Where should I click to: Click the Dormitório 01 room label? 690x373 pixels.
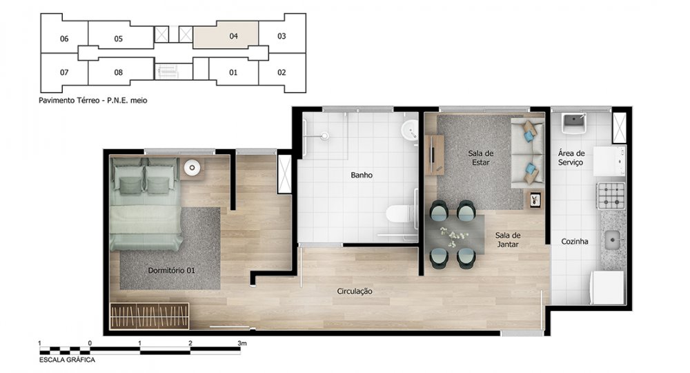pyautogui.click(x=171, y=270)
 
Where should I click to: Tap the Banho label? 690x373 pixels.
pyautogui.click(x=362, y=175)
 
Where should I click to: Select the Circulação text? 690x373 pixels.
pyautogui.click(x=355, y=291)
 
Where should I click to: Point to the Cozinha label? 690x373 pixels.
pyautogui.click(x=575, y=241)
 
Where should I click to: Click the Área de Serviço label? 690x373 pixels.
pyautogui.click(x=571, y=157)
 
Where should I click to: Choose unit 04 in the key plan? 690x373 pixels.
pyautogui.click(x=234, y=36)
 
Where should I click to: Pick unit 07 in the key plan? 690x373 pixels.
pyautogui.click(x=64, y=73)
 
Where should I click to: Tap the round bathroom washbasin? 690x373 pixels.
pyautogui.click(x=410, y=129)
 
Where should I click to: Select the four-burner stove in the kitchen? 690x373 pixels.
pyautogui.click(x=611, y=195)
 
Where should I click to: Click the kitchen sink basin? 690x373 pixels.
pyautogui.click(x=612, y=240)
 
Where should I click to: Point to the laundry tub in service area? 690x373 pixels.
pyautogui.click(x=574, y=123)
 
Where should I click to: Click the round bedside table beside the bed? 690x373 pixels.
pyautogui.click(x=192, y=167)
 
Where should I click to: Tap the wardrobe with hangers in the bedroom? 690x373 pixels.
pyautogui.click(x=149, y=316)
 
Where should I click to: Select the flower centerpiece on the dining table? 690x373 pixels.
pyautogui.click(x=450, y=236)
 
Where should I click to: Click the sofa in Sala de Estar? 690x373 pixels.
pyautogui.click(x=528, y=153)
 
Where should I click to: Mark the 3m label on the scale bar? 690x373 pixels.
pyautogui.click(x=242, y=343)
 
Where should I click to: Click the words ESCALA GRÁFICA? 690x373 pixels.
pyautogui.click(x=67, y=360)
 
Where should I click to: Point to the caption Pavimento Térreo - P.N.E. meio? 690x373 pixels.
pyautogui.click(x=93, y=100)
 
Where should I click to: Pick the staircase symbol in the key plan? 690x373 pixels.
pyautogui.click(x=167, y=71)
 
